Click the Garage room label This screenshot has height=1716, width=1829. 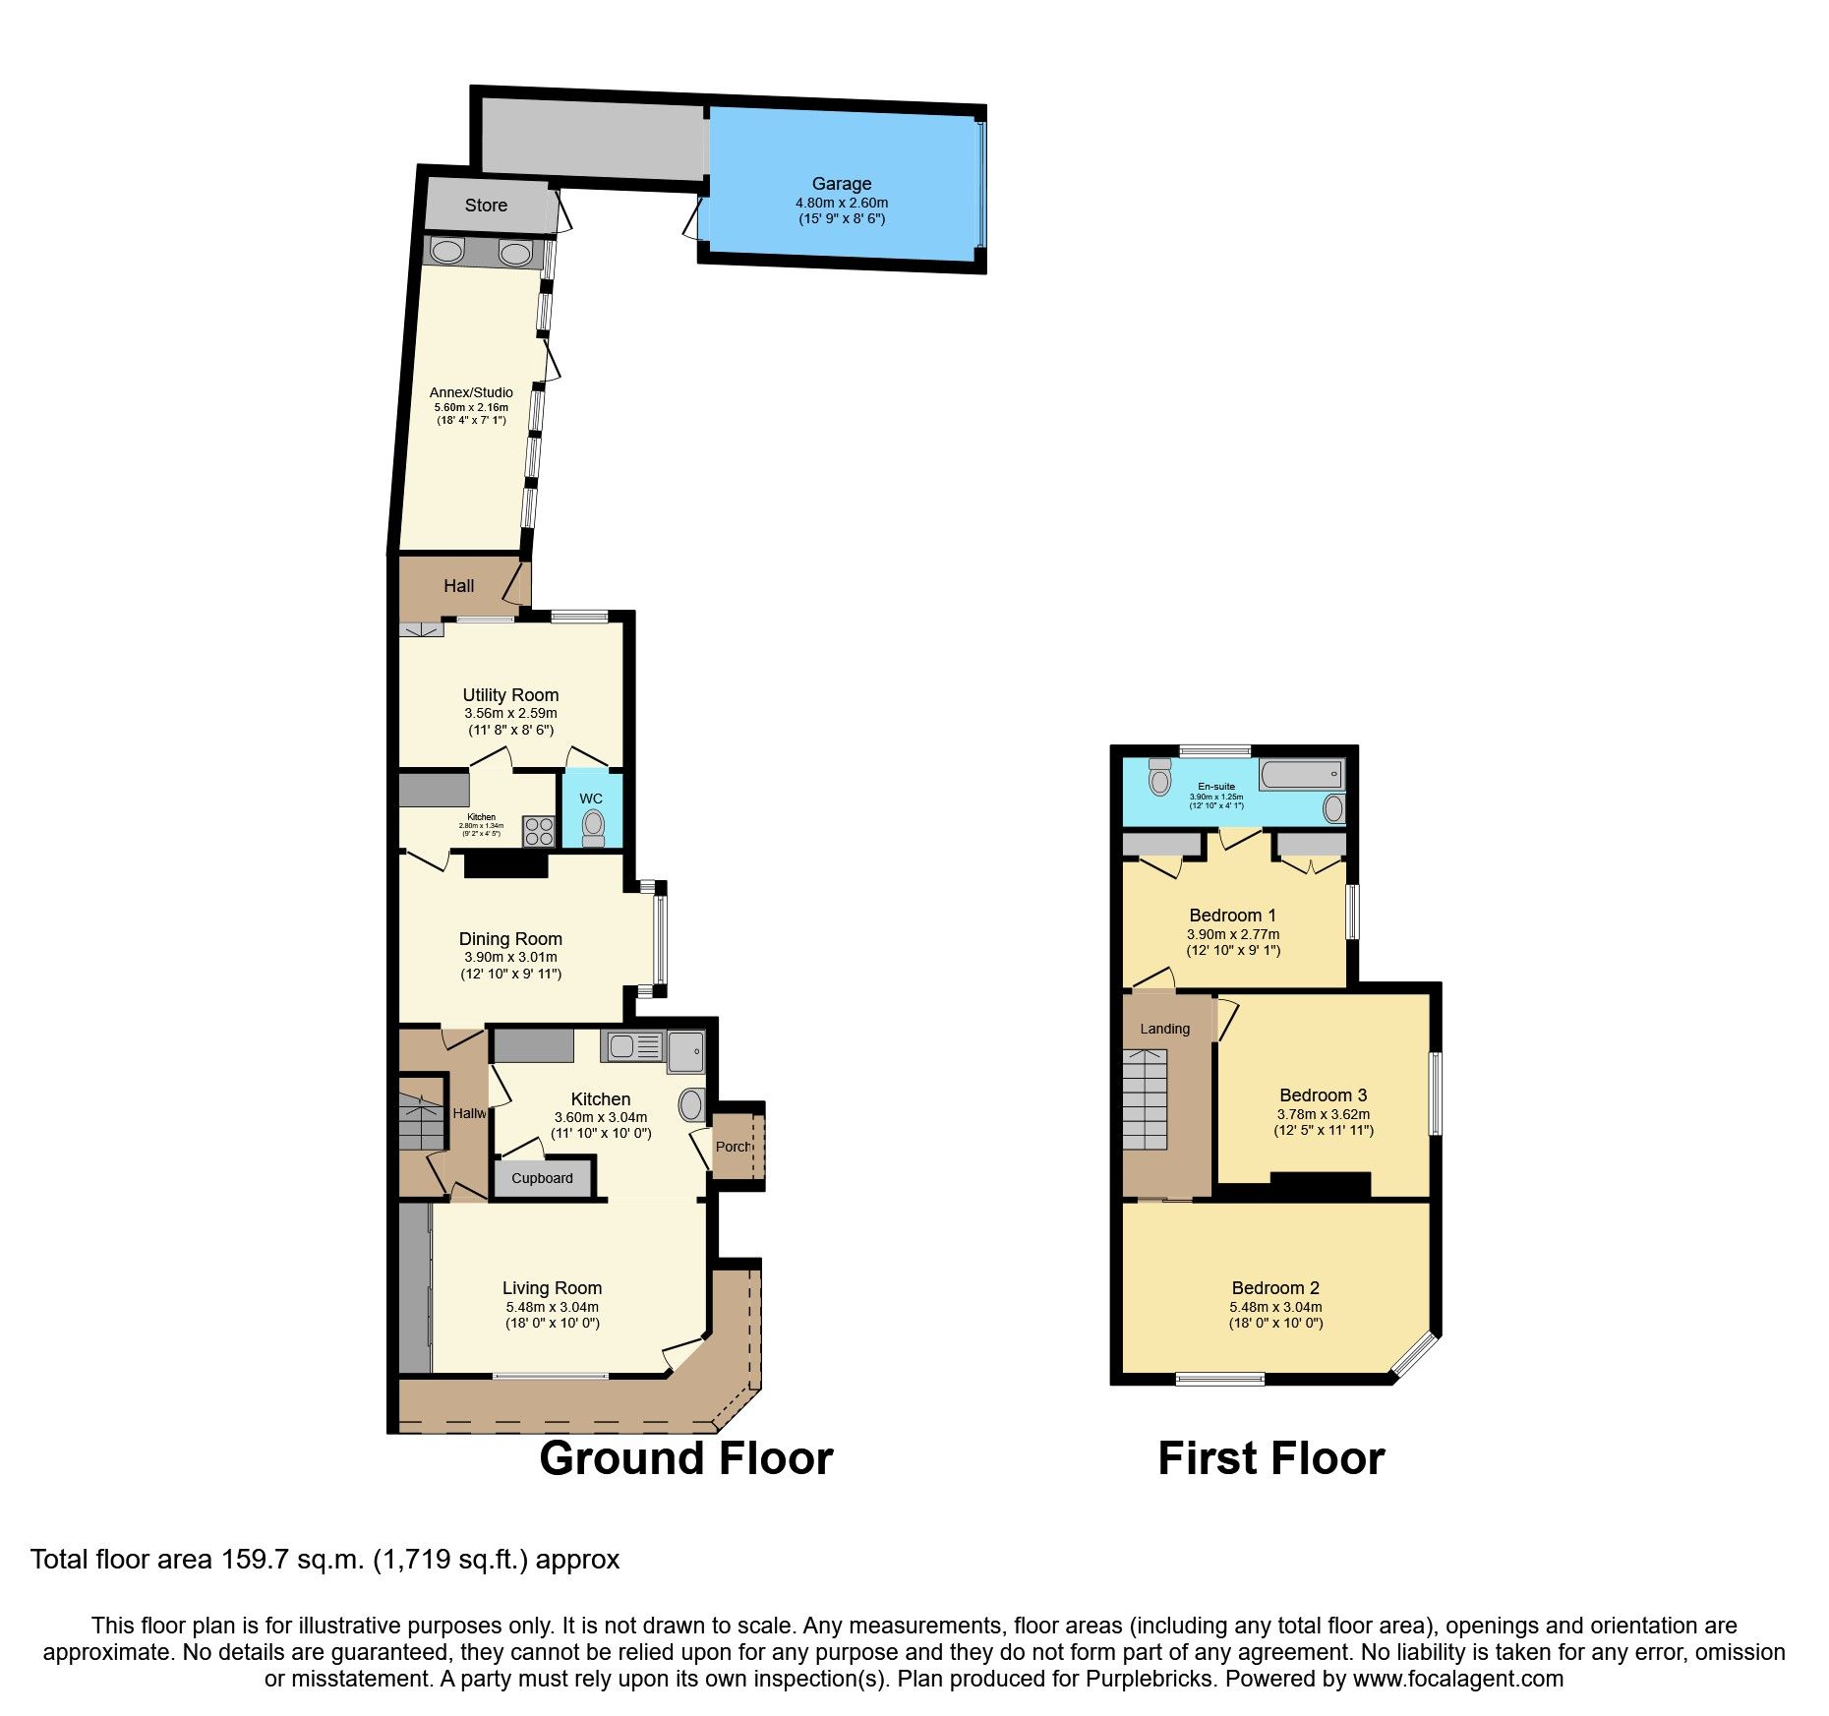[841, 184]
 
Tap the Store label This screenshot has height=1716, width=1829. [486, 206]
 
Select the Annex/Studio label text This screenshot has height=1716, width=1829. [471, 392]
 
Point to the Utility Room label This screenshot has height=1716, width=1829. [510, 695]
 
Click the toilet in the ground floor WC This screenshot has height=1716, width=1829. [593, 827]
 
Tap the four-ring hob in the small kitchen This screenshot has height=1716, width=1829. [538, 831]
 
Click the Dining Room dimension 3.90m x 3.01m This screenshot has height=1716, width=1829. [510, 957]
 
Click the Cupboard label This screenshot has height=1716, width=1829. [542, 1178]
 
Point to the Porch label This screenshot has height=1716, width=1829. [734, 1147]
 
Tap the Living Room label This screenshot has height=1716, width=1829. [552, 1288]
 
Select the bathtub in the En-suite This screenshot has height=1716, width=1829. [1301, 775]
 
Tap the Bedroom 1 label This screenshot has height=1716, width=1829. [1232, 916]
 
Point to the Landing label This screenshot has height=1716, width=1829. [1164, 1029]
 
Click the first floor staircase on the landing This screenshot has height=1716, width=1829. [1145, 1099]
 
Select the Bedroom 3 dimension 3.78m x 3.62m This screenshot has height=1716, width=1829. [1323, 1114]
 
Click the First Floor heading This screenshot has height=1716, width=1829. [1270, 1458]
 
